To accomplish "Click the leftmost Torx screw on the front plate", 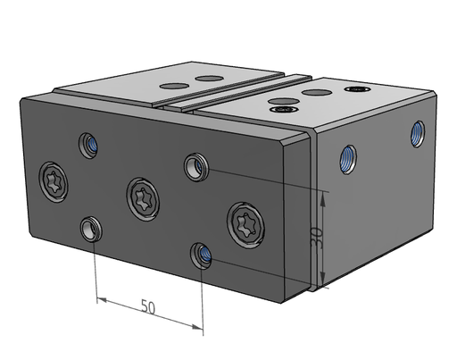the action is (54, 182).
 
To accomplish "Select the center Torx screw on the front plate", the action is (143, 199).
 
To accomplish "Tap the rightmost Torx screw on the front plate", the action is (245, 225).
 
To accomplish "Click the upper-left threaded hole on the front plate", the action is (88, 146).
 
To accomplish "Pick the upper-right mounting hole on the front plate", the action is (195, 167).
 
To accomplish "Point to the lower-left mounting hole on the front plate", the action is (91, 230).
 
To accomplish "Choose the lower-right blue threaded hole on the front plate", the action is (201, 255).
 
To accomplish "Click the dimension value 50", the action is (148, 306).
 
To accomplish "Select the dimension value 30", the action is (316, 237).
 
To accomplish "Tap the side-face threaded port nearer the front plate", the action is (348, 159).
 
